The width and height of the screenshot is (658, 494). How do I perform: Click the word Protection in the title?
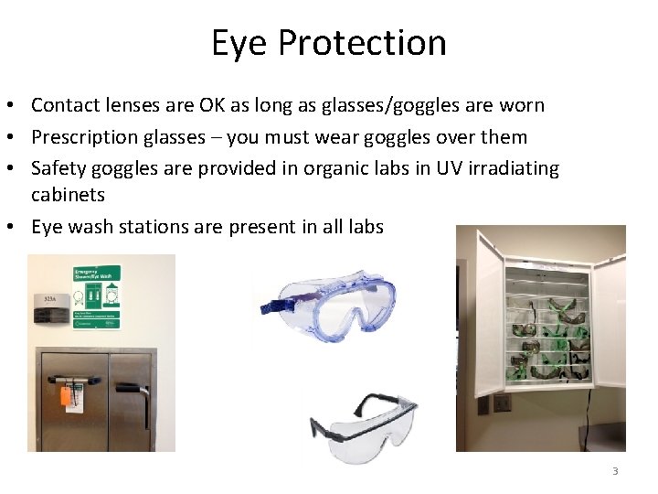[x=362, y=43]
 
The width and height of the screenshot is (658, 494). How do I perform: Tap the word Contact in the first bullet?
[x=67, y=105]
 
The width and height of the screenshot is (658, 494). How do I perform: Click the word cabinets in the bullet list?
[x=68, y=194]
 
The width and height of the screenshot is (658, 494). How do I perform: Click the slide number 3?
[x=615, y=471]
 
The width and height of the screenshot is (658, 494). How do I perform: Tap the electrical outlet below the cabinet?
[x=501, y=403]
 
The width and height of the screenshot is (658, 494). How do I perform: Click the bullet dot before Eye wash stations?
[x=17, y=226]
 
